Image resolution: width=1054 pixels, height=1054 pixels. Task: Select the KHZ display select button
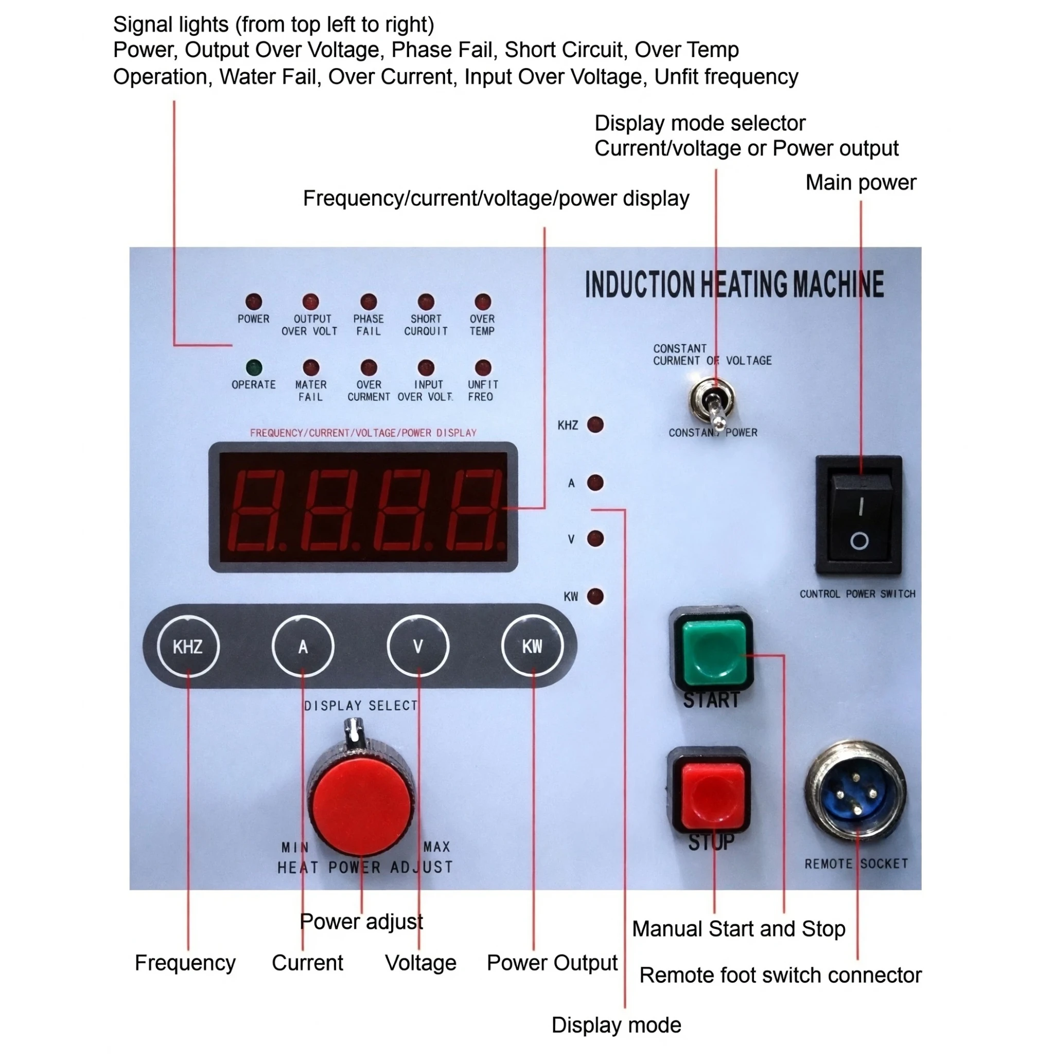188,646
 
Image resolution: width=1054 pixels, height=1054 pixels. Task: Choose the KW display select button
533,646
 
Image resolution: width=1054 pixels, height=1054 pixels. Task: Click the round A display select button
303,646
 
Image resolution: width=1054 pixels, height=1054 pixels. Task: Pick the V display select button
418,646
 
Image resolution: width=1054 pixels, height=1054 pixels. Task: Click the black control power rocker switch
859,516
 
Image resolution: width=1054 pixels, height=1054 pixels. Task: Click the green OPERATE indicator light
254,367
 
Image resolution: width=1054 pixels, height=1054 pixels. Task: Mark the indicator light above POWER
254,302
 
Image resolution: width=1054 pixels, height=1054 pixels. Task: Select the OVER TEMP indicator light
483,302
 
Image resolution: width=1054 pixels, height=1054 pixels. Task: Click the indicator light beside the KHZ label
595,425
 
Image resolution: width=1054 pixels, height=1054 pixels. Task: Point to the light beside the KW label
595,596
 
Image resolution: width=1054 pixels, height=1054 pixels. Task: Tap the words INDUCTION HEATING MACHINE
734,284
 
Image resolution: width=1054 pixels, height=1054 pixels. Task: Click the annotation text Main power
861,183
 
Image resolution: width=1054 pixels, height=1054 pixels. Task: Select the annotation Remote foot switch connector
781,975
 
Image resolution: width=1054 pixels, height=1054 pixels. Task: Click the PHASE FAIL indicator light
369,302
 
